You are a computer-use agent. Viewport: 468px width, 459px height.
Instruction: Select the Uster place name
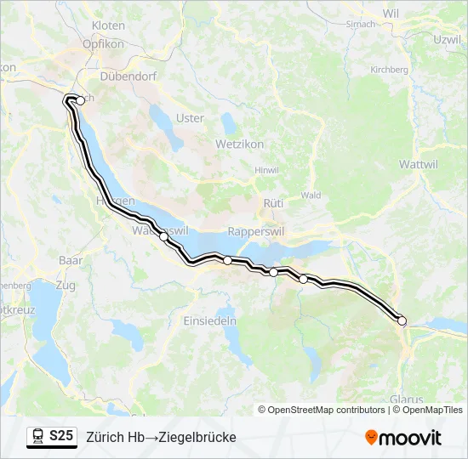[x=189, y=118]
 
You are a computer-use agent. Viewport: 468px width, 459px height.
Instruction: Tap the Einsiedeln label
[x=210, y=320]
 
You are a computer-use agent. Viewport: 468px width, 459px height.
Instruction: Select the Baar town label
[x=70, y=259]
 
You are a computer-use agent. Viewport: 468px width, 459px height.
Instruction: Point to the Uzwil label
[x=447, y=40]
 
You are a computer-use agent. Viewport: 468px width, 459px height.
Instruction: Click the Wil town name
[x=391, y=14]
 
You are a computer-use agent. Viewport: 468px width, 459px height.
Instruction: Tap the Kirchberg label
[x=390, y=70]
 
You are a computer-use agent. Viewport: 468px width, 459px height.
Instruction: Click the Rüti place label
[x=272, y=204]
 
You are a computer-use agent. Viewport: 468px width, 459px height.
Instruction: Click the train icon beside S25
[x=38, y=436]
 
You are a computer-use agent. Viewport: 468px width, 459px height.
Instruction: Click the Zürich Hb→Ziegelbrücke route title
[x=161, y=437]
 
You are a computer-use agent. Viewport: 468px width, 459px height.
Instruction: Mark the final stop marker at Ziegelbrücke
[x=402, y=320]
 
